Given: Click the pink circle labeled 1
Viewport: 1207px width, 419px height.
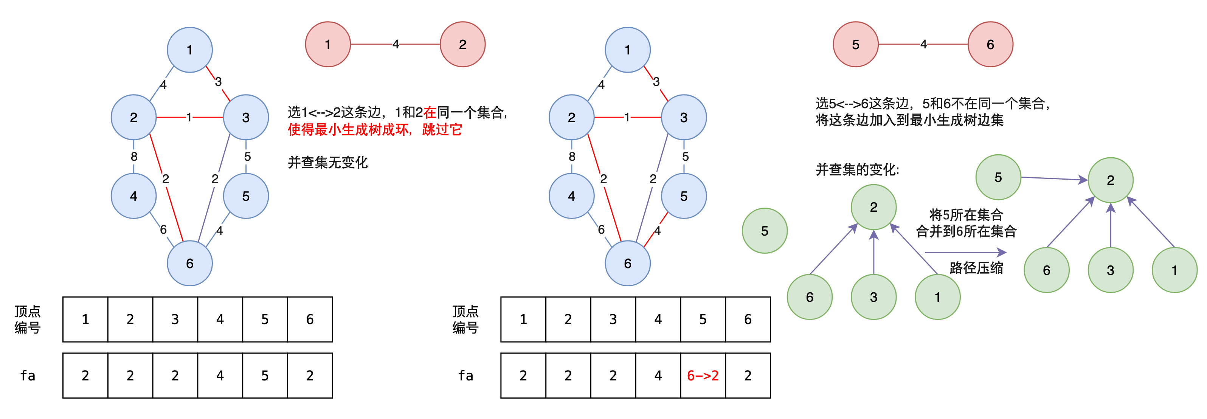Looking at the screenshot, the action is (x=327, y=45).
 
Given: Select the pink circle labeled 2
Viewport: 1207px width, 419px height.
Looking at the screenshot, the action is (x=462, y=45).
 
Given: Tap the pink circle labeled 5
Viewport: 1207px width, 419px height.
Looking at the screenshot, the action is (x=856, y=45).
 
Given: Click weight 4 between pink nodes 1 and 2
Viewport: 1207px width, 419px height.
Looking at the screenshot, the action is (x=396, y=45).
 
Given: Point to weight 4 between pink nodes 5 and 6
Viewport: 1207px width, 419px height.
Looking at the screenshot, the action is (x=923, y=45).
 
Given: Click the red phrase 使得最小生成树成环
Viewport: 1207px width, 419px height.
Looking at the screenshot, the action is (x=349, y=130).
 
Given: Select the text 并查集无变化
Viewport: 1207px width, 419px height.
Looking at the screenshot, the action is (x=327, y=163).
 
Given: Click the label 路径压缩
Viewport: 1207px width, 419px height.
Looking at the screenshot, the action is (x=976, y=268).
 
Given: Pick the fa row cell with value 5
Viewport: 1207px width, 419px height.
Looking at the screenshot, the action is (x=265, y=376).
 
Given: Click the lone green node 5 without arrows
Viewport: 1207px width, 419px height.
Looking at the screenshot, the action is (x=765, y=231).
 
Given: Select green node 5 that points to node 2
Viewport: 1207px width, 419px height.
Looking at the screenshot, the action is (x=998, y=177).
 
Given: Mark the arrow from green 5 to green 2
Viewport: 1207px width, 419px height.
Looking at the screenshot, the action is (x=1054, y=178).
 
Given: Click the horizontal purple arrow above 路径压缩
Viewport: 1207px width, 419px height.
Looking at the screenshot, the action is (x=965, y=253).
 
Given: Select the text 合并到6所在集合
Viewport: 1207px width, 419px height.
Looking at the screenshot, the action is (x=966, y=231).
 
